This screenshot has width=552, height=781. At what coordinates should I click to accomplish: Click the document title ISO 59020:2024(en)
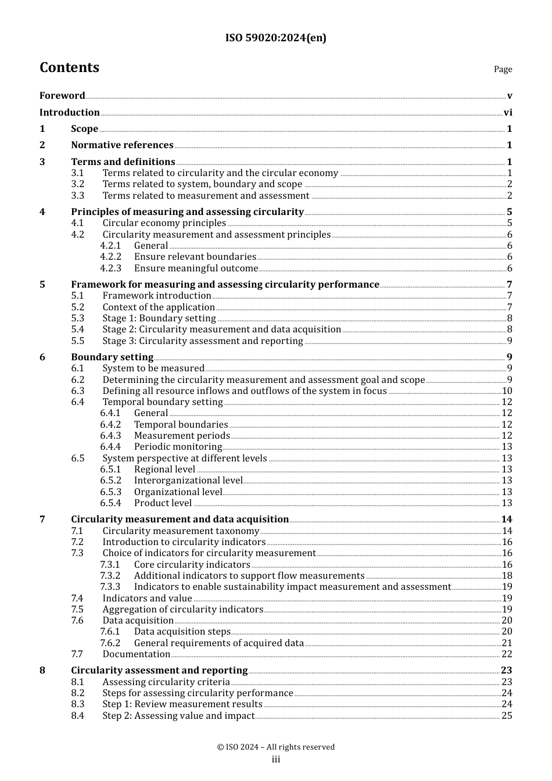tap(275, 38)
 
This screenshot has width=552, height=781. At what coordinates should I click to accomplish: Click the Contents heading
tap(69, 68)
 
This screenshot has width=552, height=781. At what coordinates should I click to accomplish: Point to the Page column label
tap(503, 69)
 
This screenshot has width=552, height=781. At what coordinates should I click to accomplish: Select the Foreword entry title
tap(62, 96)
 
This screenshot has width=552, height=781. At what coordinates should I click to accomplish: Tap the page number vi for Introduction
tap(508, 113)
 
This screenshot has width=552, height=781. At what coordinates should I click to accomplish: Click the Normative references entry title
tap(122, 145)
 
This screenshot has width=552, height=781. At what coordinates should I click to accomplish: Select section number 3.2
tap(78, 184)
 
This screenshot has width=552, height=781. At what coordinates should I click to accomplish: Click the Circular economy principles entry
tap(164, 223)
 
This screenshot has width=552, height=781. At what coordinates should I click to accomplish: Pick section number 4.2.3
tap(110, 268)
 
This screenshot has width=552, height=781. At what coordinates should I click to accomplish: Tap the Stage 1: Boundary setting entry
tap(159, 318)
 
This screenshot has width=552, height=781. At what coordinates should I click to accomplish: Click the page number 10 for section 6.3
tap(507, 391)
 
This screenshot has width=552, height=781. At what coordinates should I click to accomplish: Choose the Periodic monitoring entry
tap(178, 447)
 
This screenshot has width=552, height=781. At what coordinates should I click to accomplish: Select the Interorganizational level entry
tap(188, 481)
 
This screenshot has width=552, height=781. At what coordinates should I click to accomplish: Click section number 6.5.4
tap(110, 503)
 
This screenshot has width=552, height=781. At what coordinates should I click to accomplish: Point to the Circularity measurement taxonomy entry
tap(181, 531)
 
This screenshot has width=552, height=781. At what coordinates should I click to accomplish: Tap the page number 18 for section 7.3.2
tap(507, 576)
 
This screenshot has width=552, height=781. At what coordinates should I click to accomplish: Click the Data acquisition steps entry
tap(182, 632)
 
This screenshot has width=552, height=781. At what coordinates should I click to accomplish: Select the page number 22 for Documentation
tap(507, 654)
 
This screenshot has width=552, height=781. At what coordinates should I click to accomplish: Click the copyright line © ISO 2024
tap(275, 747)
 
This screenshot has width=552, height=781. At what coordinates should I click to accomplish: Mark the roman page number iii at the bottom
tap(275, 759)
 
